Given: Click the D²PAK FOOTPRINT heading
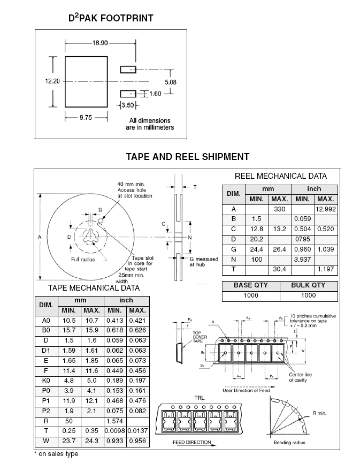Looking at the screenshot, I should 111,18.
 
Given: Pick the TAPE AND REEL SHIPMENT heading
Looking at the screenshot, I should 187,157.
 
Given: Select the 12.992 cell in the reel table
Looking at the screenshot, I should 326,209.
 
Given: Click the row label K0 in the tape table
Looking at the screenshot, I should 46,381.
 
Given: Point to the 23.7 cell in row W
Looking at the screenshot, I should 69,441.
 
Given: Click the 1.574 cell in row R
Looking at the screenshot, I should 115,421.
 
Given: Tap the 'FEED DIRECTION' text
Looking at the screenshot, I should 192,443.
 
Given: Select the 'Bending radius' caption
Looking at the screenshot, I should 289,443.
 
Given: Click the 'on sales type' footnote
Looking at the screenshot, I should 58,454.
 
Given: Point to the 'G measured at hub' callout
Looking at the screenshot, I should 203,262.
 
